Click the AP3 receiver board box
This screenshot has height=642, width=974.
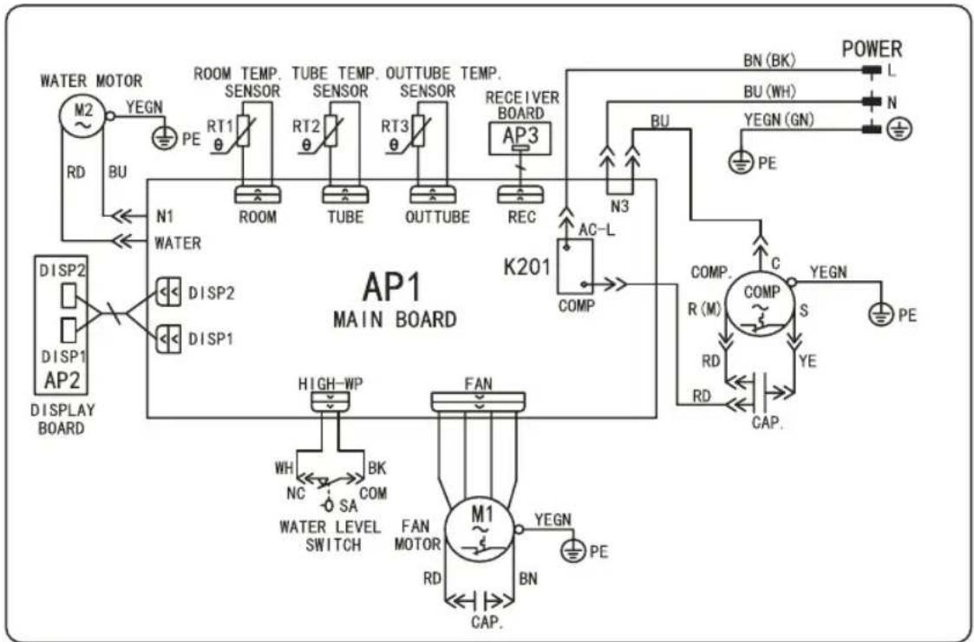520,139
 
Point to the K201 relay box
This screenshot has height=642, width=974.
574,266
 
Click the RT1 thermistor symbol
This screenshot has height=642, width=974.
243,130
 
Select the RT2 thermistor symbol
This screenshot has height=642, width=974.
330,130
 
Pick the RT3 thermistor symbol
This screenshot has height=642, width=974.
418,130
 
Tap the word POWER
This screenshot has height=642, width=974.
872,49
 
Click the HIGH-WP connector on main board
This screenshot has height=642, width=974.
330,403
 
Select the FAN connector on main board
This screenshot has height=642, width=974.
478,402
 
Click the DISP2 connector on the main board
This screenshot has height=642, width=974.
167,292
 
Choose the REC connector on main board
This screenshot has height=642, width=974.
520,194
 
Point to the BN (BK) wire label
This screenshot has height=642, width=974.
769,61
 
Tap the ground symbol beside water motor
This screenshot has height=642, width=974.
165,137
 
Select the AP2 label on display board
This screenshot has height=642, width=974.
61,380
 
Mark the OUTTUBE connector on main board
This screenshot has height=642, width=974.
432,194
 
